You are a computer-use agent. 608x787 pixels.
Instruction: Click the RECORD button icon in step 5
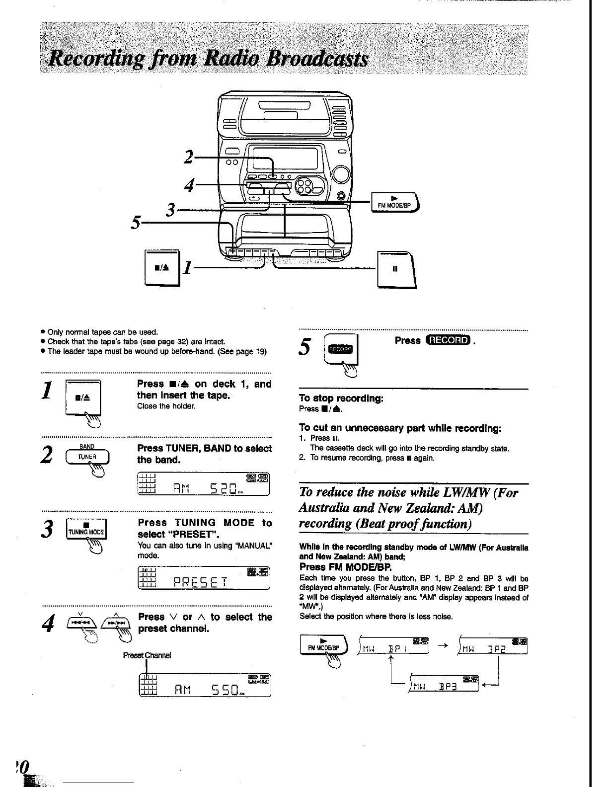click(x=339, y=349)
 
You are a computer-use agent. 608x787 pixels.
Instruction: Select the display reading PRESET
click(x=204, y=579)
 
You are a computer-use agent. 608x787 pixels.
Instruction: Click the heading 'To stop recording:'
click(x=341, y=398)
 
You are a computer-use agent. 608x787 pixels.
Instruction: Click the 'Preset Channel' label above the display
click(x=147, y=655)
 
